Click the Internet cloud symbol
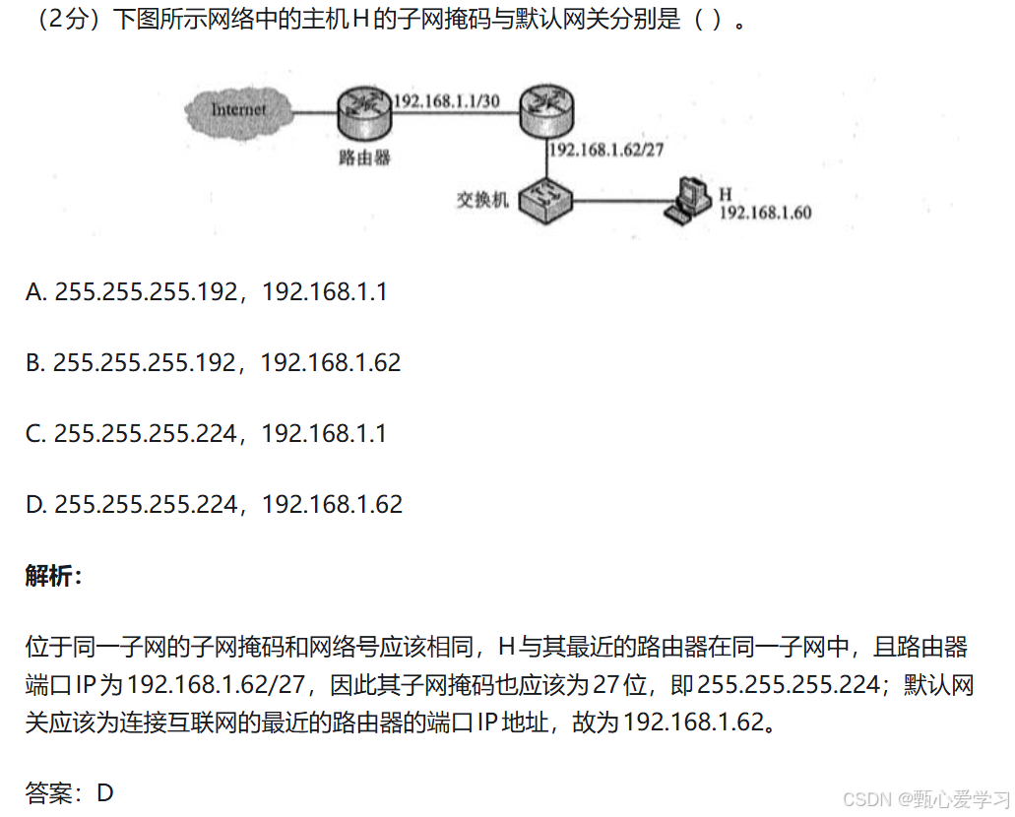[239, 109]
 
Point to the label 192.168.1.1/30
[446, 99]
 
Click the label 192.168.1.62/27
[606, 150]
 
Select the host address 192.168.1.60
[765, 213]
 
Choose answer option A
[207, 292]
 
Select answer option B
[214, 362]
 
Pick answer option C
[207, 433]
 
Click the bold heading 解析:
[54, 577]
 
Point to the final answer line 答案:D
[70, 792]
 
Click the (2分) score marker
[66, 21]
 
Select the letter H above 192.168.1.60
[726, 194]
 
